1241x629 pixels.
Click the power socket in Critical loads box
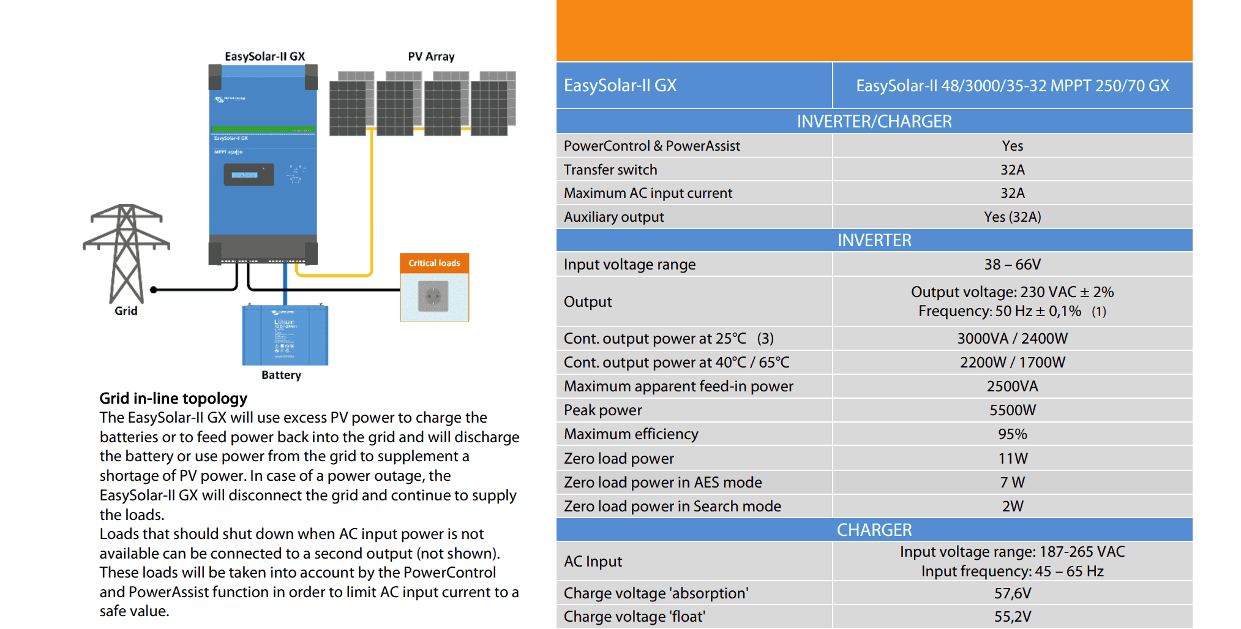[433, 296]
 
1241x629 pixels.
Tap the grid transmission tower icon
[126, 252]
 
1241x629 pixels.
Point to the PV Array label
[431, 57]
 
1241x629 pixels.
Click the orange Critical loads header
[434, 263]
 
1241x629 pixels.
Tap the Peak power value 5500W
[1012, 410]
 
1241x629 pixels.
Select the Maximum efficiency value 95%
[1012, 434]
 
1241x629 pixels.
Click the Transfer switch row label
[610, 170]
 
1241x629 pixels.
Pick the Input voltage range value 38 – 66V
[1012, 265]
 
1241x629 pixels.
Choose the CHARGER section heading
[874, 530]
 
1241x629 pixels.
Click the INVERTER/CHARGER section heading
[874, 121]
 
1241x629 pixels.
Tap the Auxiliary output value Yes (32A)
[1012, 217]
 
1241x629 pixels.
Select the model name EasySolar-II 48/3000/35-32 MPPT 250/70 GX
[1012, 86]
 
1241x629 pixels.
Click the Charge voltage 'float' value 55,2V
[1012, 616]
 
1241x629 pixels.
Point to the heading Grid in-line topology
[173, 399]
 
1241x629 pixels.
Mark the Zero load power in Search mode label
[672, 507]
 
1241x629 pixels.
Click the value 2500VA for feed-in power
[1012, 386]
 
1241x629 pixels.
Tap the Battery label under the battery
[281, 375]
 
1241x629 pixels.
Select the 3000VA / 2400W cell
[1012, 339]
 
